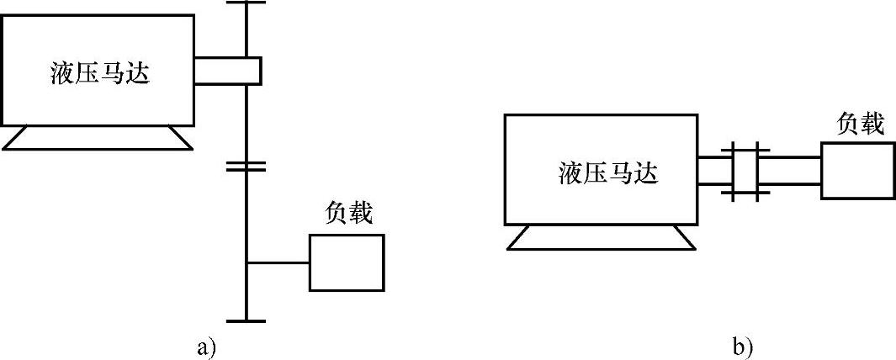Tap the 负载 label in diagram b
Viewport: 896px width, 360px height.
[x=860, y=124]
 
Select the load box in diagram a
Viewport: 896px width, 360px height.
[x=347, y=262]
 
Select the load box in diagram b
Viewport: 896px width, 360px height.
[x=857, y=171]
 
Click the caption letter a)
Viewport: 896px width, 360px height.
[x=206, y=346]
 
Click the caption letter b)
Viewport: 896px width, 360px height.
[x=742, y=346]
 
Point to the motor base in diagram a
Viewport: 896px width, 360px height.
[x=97, y=137]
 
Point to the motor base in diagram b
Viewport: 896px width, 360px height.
[x=602, y=238]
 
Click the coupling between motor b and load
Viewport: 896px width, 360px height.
[x=745, y=172]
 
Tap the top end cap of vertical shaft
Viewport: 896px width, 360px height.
[x=247, y=3]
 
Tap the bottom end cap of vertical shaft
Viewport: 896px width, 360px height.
[x=247, y=320]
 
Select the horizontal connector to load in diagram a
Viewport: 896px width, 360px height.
[x=278, y=262]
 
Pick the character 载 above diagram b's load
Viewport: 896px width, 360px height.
[x=872, y=124]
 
